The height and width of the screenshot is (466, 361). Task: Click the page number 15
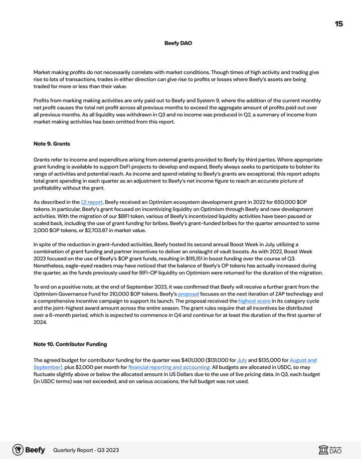tap(339, 24)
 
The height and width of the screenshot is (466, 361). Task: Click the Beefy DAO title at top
tap(178, 43)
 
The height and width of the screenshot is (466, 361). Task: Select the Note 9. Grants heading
tap(52, 144)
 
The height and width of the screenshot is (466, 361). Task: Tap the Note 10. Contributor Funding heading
tap(70, 344)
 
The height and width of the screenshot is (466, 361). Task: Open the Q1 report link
tap(92, 202)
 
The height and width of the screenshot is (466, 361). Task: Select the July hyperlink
tap(242, 360)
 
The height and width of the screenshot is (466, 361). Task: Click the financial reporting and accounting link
tap(169, 367)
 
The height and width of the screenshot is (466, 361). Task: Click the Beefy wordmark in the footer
tap(35, 450)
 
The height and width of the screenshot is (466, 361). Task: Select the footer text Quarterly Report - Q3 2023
tap(86, 450)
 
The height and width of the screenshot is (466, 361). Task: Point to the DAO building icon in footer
tap(323, 450)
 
